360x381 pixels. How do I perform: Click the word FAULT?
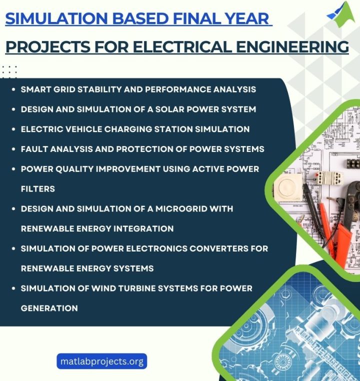[34, 149]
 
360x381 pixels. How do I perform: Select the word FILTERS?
[38, 189]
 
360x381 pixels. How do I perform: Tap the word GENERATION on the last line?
[49, 308]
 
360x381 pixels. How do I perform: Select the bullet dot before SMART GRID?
[12, 89]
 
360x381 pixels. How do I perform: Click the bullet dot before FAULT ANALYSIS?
[12, 149]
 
